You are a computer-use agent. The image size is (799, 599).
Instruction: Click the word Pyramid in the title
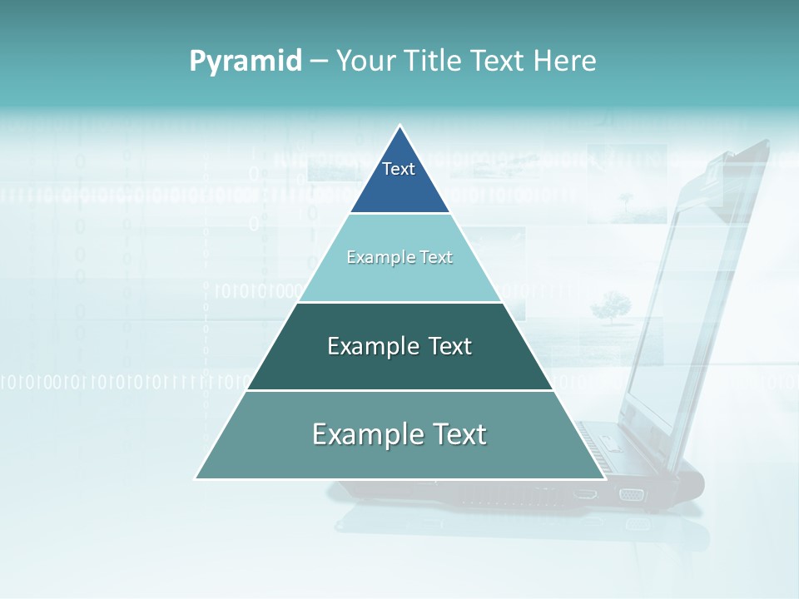(x=246, y=61)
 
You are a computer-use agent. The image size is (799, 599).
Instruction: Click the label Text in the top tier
(x=399, y=169)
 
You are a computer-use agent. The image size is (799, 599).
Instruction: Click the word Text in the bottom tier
(x=457, y=434)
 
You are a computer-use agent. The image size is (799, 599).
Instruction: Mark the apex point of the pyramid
(x=400, y=126)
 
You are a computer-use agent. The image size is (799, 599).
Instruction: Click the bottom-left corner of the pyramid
(x=196, y=478)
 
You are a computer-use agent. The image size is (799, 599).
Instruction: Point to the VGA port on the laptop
(x=631, y=494)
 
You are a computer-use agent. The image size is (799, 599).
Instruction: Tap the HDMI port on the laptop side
(x=585, y=493)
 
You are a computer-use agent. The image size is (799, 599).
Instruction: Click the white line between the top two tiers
(x=399, y=214)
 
